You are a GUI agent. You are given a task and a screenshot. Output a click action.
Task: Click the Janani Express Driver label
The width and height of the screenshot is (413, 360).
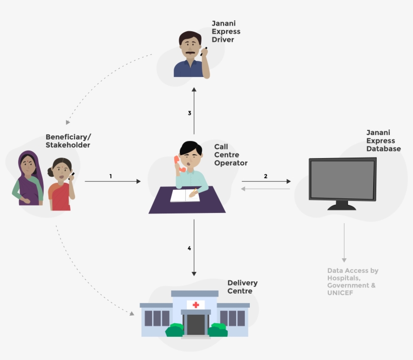click(226, 31)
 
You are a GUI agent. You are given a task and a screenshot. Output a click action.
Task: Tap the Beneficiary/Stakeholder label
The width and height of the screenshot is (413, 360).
click(68, 141)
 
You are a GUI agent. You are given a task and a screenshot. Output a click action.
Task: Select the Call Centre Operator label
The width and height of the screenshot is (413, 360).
click(231, 155)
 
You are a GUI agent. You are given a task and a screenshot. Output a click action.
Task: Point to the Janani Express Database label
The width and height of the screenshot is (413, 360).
click(383, 140)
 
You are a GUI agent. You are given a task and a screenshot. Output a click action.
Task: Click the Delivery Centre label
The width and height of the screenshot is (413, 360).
click(242, 287)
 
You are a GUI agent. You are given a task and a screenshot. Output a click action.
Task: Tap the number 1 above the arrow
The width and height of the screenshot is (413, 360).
click(110, 176)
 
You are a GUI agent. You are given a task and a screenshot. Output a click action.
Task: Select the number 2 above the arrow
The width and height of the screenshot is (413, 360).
click(265, 176)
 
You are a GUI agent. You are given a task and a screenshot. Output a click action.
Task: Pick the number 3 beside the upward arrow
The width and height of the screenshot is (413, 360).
click(189, 113)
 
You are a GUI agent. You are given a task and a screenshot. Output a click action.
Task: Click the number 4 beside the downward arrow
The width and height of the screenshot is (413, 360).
click(189, 248)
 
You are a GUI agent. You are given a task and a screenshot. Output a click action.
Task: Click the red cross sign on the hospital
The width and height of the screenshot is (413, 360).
click(195, 305)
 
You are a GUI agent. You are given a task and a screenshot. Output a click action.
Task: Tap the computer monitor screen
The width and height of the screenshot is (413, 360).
click(342, 180)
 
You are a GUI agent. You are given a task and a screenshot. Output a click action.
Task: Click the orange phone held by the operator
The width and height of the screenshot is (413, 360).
click(177, 161)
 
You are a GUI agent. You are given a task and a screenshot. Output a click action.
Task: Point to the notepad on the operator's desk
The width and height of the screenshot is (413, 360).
click(184, 195)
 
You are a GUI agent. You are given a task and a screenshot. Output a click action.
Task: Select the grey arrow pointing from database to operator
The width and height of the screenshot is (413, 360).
click(265, 189)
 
